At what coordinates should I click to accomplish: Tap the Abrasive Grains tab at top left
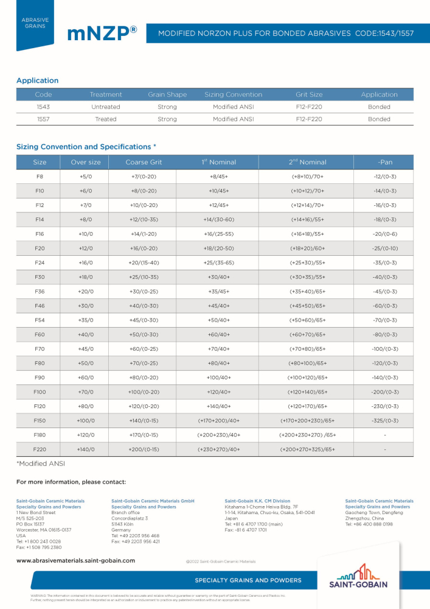point(35,23)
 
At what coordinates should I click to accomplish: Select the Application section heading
point(38,80)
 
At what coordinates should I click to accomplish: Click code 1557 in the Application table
point(44,119)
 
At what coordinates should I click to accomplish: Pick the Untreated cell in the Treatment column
point(106,107)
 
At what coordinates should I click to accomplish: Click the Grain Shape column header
point(167,94)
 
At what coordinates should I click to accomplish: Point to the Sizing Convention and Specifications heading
point(86,147)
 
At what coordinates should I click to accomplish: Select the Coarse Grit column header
point(144,162)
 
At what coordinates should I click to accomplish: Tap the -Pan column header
point(385,162)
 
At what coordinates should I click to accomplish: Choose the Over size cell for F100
point(85,392)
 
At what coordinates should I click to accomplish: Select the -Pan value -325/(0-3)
point(385,421)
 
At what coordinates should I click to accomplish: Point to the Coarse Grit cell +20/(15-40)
point(144,263)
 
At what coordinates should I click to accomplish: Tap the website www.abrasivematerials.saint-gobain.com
point(75,560)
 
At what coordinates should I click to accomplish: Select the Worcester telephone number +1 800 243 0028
point(38,541)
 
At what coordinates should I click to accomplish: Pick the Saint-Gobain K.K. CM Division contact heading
point(257,501)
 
